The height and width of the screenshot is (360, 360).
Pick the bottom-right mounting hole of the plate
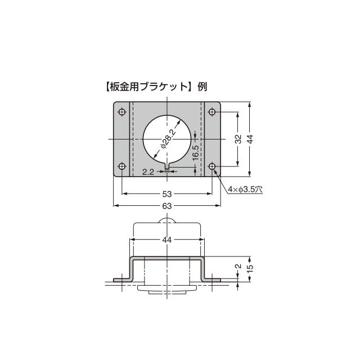coord(213,166)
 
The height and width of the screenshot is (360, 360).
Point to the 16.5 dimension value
coord(195,152)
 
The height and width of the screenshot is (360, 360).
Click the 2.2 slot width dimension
coord(148,173)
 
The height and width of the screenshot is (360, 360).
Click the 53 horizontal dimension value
coord(167,193)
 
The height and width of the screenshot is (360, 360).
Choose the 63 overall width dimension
coord(167,206)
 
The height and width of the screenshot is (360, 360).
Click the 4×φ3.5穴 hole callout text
coord(246,190)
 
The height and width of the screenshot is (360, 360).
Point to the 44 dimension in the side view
coord(167,240)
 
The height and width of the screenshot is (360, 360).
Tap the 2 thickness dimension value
coord(237,267)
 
